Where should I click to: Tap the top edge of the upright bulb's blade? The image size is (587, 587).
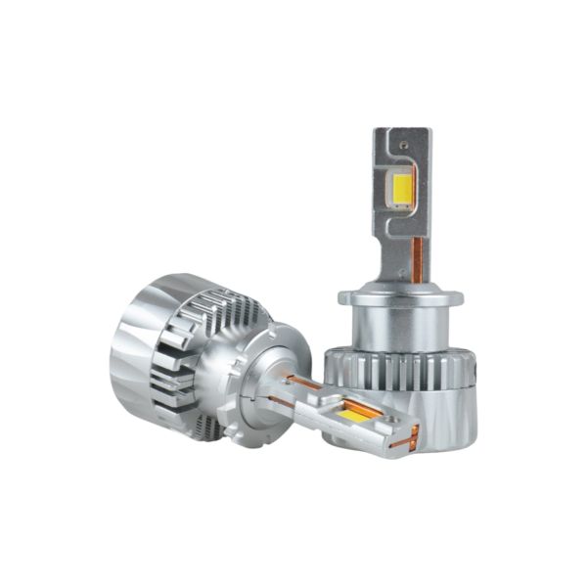[x=402, y=129]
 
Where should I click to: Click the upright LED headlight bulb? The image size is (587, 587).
[x=402, y=293]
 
